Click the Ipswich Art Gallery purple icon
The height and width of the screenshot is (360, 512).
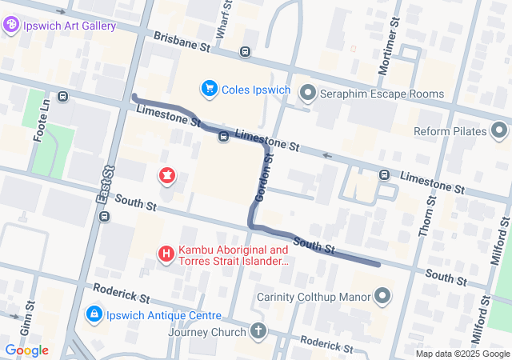(x=12, y=26)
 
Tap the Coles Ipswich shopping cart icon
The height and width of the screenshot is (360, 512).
(x=210, y=88)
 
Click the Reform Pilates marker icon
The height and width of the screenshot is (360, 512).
(x=500, y=130)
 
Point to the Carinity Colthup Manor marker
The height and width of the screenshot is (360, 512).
(x=382, y=297)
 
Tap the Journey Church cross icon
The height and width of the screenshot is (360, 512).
(x=258, y=330)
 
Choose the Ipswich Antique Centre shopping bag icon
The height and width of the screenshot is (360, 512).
(x=94, y=314)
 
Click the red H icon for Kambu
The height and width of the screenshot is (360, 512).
(x=166, y=254)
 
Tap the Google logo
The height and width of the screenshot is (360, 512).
(x=26, y=350)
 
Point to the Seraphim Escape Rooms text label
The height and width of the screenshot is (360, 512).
(x=382, y=94)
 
